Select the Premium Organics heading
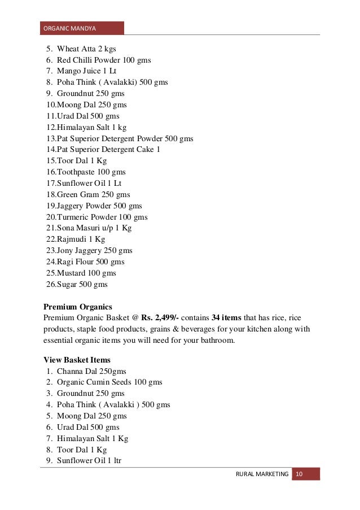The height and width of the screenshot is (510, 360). [78, 307]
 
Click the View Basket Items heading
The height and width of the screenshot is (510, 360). [77, 360]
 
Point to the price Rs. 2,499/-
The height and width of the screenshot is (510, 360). [160, 318]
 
